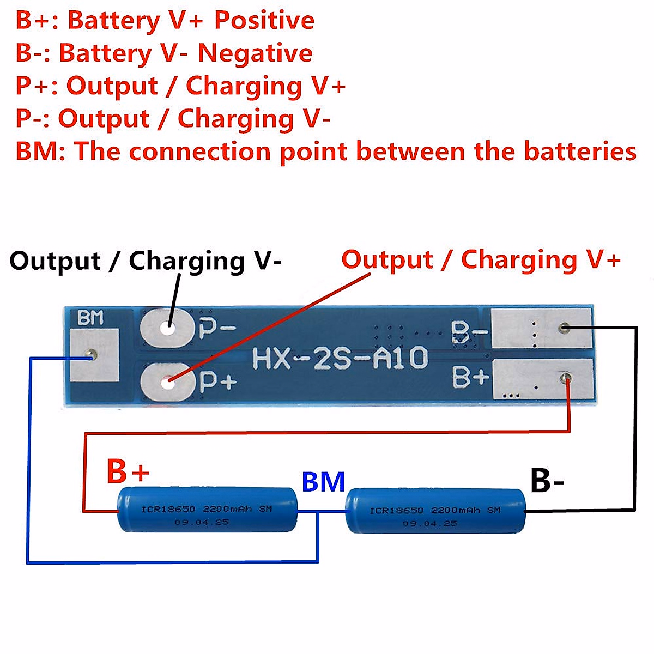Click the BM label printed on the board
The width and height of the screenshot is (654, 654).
tap(90, 318)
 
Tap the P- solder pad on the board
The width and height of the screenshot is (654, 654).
tap(167, 328)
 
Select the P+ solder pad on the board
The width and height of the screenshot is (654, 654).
tap(168, 382)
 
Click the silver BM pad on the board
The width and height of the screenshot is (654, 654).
tap(94, 355)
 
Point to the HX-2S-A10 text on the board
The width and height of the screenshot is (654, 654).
tap(340, 359)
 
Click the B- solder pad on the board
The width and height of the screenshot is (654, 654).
tap(541, 329)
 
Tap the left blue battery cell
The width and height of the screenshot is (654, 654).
tap(208, 510)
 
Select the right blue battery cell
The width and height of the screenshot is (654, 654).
tap(435, 511)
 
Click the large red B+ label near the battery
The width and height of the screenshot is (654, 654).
tap(128, 470)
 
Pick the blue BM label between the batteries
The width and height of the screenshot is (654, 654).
tap(323, 482)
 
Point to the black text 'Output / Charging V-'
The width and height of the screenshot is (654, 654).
tap(146, 261)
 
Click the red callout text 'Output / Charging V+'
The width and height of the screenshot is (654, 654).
tap(481, 259)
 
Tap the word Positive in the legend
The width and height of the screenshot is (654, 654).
tap(264, 20)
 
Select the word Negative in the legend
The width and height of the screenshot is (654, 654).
tap(255, 53)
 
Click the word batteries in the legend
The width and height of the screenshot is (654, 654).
tap(580, 151)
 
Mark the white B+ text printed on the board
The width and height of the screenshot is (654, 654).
tap(470, 377)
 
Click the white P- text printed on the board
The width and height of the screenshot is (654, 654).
tap(217, 328)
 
